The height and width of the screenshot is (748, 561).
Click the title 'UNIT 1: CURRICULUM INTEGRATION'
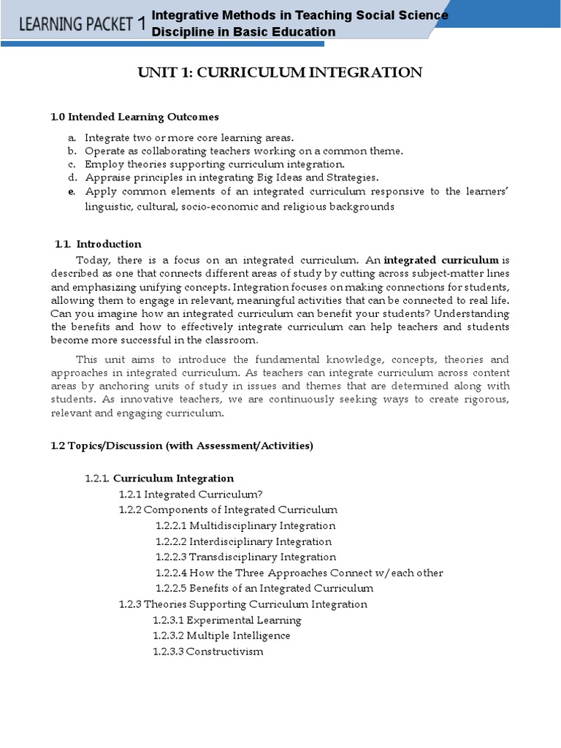click(280, 72)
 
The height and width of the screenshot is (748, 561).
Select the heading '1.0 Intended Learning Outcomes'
click(134, 117)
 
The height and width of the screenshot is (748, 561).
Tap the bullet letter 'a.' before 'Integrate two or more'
click(72, 137)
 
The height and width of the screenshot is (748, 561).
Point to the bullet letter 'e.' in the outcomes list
click(72, 191)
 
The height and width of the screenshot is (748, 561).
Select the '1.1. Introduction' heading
click(99, 244)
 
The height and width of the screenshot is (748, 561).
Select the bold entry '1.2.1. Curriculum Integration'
click(159, 478)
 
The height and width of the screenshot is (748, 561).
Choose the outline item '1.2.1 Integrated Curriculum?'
click(191, 495)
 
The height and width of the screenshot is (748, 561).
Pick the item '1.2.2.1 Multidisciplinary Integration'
click(245, 526)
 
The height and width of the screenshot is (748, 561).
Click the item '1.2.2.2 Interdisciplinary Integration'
click(243, 541)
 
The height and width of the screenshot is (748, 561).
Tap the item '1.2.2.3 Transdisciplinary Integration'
click(245, 557)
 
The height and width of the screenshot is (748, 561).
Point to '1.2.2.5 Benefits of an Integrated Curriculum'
click(264, 589)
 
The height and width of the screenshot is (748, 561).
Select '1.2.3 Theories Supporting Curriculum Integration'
click(243, 604)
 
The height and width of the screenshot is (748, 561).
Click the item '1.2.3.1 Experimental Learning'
click(227, 620)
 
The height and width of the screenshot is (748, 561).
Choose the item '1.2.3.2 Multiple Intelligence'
click(221, 636)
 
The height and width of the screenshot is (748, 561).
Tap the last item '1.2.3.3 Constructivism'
click(208, 652)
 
